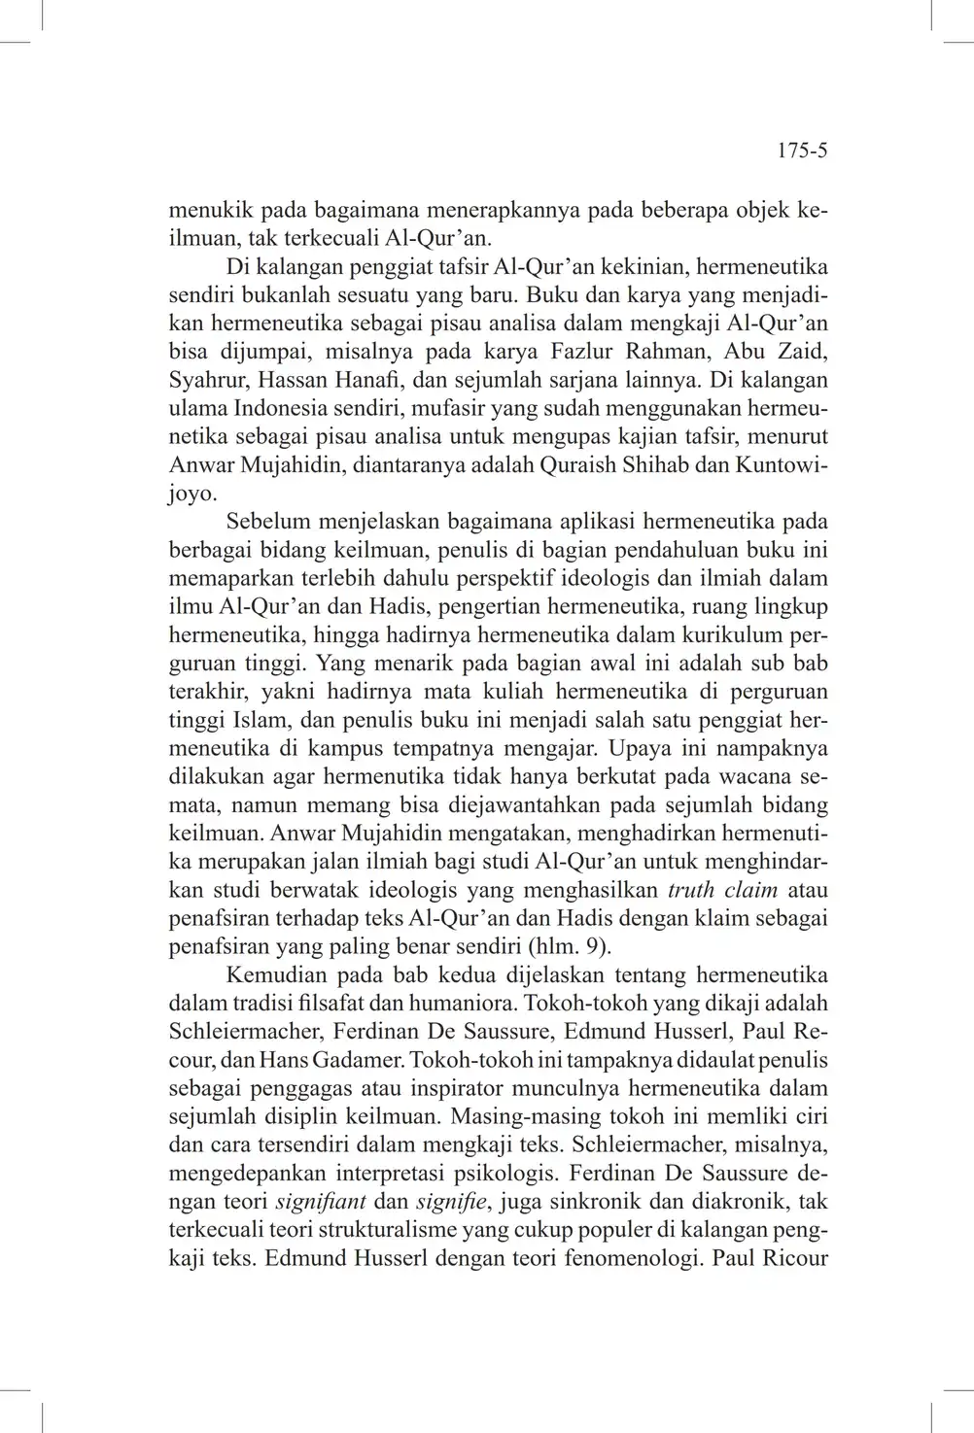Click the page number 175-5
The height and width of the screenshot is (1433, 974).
[x=802, y=152]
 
